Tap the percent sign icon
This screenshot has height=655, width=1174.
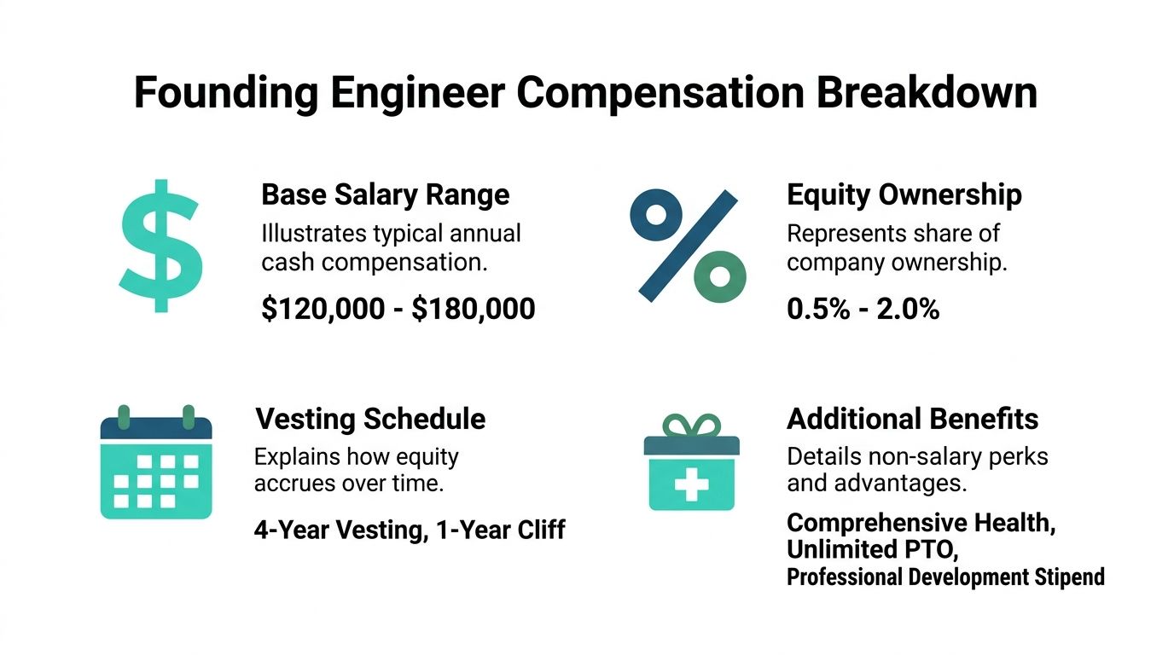pos(688,246)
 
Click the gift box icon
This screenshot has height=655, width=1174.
pos(691,464)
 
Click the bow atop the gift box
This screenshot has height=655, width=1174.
pos(691,425)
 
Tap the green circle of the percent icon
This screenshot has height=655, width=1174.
pos(720,276)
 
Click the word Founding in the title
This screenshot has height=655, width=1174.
pos(224,92)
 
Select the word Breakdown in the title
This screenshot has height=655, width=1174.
pos(927,92)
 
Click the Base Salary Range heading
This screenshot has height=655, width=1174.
pos(385,194)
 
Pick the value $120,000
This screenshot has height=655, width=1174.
pos(323,309)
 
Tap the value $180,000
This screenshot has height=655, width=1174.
pos(474,309)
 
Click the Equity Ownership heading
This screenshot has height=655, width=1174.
pos(904,194)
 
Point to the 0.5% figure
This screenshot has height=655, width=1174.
pos(817,309)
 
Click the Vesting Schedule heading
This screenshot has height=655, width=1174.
pos(370,419)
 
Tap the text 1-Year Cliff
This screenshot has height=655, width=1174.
pos(500,530)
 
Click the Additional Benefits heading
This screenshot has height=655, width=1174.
pos(912,419)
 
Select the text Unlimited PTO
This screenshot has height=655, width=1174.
pos(870,549)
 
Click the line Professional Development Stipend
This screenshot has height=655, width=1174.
pos(944,577)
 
